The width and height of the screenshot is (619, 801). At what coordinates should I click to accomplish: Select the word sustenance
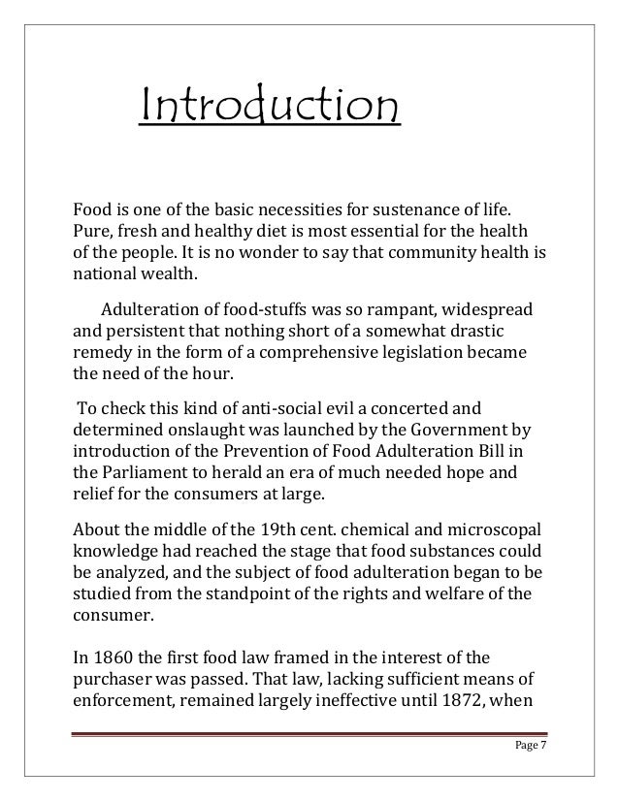pos(415,210)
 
